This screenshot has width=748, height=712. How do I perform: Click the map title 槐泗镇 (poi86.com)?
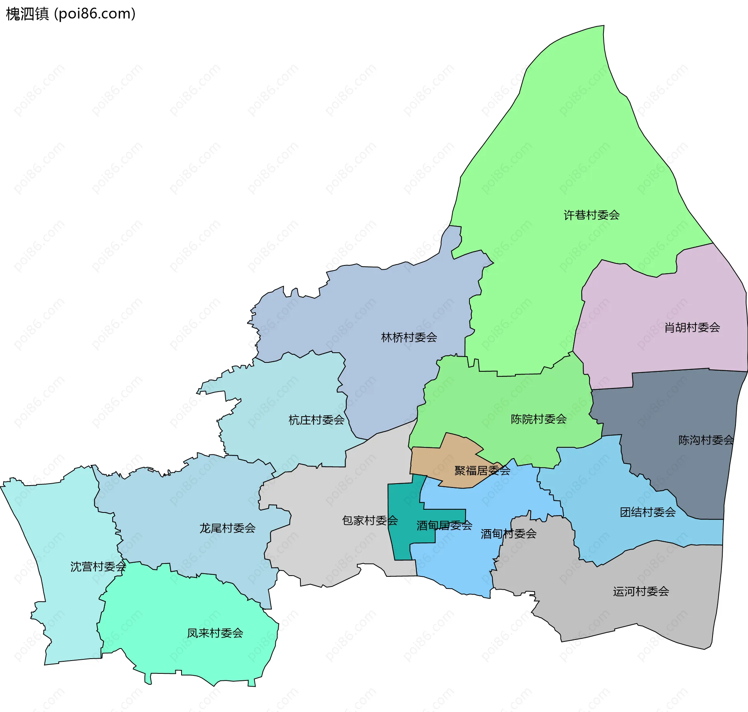(71, 14)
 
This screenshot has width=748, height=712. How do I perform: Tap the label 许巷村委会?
(591, 215)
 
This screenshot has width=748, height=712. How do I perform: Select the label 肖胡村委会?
(692, 327)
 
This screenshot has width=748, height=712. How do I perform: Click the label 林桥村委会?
(409, 337)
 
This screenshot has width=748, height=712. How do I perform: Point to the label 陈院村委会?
(538, 419)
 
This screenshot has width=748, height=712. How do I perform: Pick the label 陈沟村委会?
(706, 440)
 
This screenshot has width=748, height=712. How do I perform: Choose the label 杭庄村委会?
(316, 420)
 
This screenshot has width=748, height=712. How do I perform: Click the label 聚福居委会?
(482, 470)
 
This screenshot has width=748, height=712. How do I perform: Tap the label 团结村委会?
(647, 512)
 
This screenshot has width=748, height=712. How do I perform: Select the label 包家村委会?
(370, 520)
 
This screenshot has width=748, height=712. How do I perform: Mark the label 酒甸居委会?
(444, 525)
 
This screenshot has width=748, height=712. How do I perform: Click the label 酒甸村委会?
(508, 534)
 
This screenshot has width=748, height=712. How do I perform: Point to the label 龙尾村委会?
(227, 528)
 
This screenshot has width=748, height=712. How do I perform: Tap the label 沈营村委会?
(98, 566)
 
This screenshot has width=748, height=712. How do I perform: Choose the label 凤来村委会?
(215, 633)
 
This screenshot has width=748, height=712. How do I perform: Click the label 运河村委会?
(641, 591)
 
